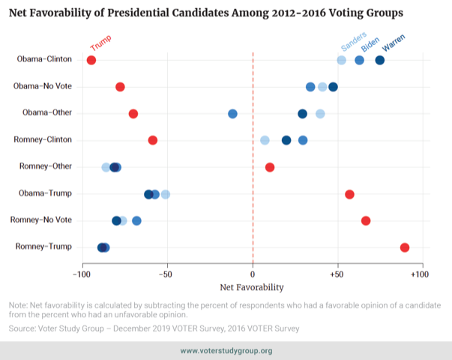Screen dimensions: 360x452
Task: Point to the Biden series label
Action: click(370, 43)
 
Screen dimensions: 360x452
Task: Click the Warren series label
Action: click(393, 43)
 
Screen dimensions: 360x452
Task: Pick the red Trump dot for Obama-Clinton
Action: click(91, 60)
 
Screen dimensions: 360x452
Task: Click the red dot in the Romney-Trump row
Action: click(405, 247)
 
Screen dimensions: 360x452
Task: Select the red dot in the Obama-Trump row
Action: click(349, 194)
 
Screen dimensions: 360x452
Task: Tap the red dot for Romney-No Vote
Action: click(366, 220)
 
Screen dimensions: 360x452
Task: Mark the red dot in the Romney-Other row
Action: click(270, 167)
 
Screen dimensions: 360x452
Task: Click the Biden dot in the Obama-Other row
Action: click(232, 113)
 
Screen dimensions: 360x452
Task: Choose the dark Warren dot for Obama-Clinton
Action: click(380, 60)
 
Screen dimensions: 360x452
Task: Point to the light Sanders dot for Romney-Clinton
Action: click(265, 140)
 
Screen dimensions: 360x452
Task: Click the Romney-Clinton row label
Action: click(43, 139)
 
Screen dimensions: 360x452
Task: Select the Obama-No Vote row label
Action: click(43, 86)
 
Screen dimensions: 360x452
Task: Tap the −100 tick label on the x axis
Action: click(81, 275)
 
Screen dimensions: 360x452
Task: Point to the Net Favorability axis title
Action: click(252, 287)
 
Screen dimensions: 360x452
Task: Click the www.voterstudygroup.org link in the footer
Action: click(226, 351)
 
